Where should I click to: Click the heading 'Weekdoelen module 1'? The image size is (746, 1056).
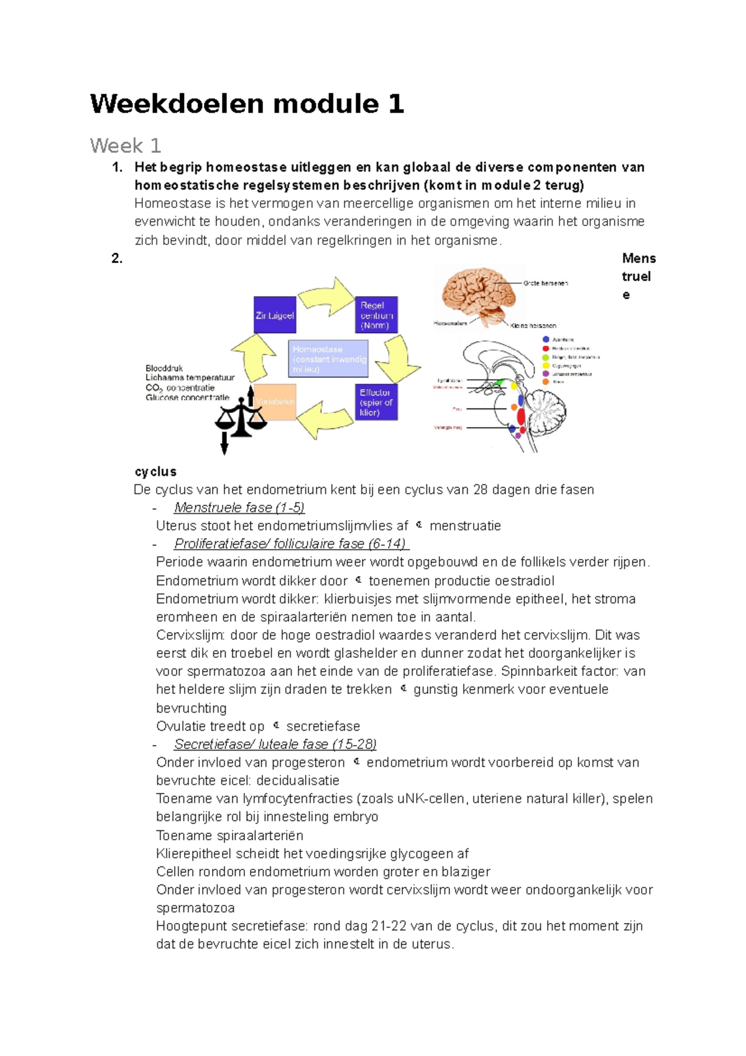click(247, 103)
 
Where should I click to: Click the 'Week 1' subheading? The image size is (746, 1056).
click(126, 146)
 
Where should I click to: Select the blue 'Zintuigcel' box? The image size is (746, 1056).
click(275, 315)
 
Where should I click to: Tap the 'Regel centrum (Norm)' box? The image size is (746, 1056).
click(376, 315)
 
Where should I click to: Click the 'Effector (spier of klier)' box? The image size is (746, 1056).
click(376, 402)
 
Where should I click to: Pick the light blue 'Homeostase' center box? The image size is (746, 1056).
click(328, 359)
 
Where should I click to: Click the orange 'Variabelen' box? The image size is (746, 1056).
click(275, 402)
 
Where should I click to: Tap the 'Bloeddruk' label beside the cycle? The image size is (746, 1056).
click(164, 368)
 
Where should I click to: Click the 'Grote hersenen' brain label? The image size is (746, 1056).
click(545, 283)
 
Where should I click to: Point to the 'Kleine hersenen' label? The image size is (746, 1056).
click(533, 325)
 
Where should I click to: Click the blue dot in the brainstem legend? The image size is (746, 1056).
click(546, 340)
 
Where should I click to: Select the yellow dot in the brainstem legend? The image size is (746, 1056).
click(546, 366)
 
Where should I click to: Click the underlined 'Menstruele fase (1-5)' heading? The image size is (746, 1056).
click(239, 507)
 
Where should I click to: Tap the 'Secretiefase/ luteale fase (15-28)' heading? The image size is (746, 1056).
click(275, 744)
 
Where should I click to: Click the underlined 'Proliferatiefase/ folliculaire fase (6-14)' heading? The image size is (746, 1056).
click(290, 544)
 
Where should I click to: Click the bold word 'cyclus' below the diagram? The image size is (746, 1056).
click(155, 471)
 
